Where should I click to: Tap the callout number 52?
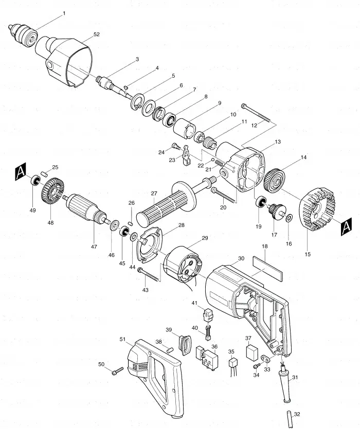[x=96, y=34]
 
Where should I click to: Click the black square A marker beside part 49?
[x=20, y=172]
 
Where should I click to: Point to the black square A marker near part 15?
[x=346, y=227]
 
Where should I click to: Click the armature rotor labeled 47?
[x=86, y=208]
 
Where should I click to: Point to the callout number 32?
[x=297, y=414]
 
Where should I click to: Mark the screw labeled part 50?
[x=117, y=370]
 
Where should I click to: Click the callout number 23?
[x=172, y=160]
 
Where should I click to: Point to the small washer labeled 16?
[x=289, y=218]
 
